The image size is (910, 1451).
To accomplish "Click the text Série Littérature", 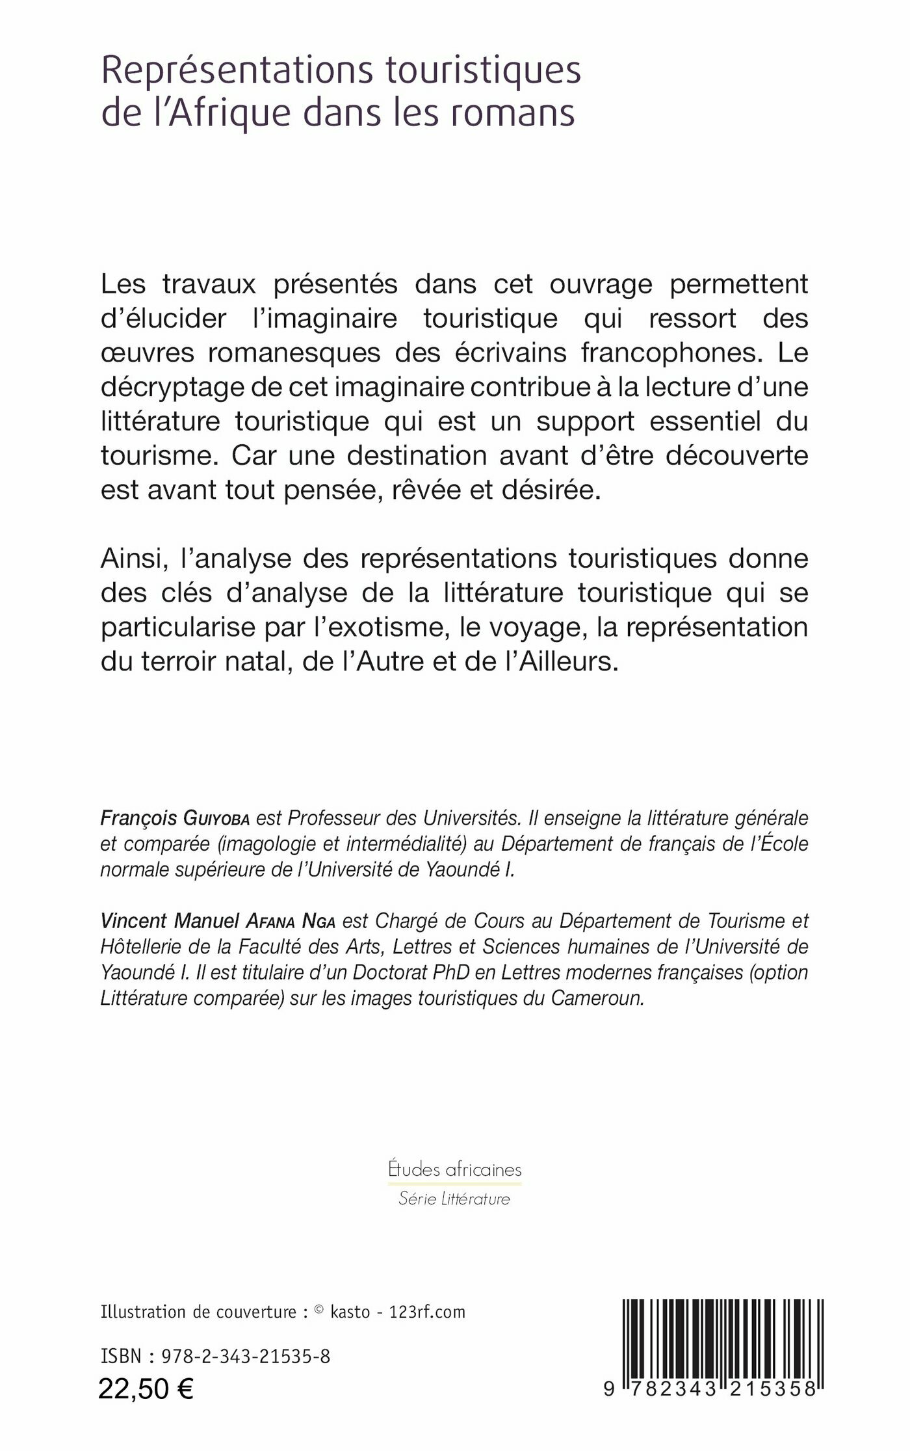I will pos(454,1199).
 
